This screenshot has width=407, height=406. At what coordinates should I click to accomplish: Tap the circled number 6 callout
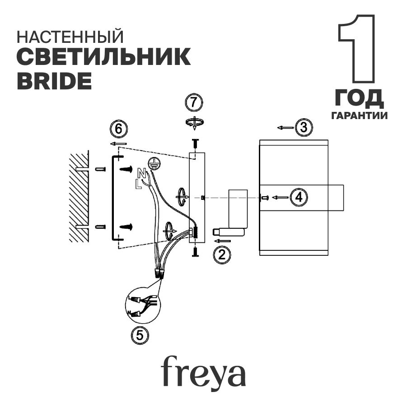pos(118,129)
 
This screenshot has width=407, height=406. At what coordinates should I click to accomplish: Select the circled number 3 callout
pos(304,127)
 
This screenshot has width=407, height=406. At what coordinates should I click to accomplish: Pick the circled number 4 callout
pos(299,197)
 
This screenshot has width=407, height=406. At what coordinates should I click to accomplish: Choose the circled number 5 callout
pos(140,334)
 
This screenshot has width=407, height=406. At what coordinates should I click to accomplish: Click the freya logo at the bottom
pos(204,371)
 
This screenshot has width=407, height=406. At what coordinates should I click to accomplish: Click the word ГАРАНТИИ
pos(360,116)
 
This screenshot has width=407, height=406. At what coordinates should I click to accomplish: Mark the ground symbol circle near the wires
pos(154,164)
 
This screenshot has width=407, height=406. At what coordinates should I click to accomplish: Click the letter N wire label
pos(142,173)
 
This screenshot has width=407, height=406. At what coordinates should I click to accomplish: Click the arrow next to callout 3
pos(285,128)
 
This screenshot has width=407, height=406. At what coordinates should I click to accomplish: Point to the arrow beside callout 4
pos(280,198)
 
